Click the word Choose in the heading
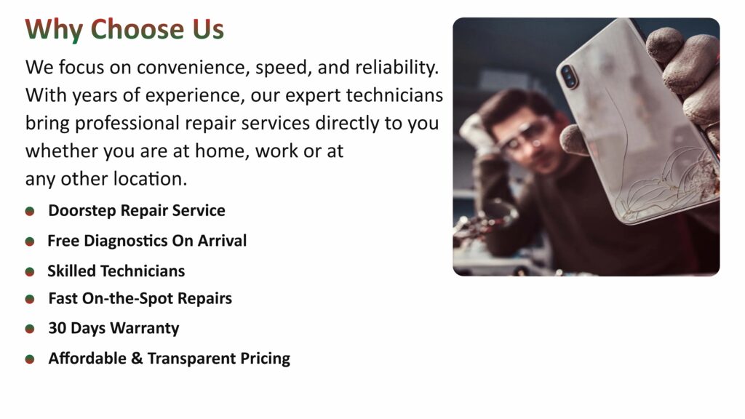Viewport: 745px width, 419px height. [138, 29]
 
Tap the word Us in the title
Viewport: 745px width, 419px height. [208, 29]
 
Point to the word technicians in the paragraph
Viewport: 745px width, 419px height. [394, 95]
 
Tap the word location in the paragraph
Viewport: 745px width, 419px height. [150, 179]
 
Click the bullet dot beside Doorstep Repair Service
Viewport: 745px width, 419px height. [29, 212]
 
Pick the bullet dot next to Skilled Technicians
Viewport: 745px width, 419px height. [29, 272]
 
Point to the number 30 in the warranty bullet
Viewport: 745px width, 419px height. [57, 328]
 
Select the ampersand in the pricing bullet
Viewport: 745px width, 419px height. [137, 358]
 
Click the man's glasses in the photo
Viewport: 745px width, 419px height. [527, 137]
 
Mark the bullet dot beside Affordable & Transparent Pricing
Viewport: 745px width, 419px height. [29, 359]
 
